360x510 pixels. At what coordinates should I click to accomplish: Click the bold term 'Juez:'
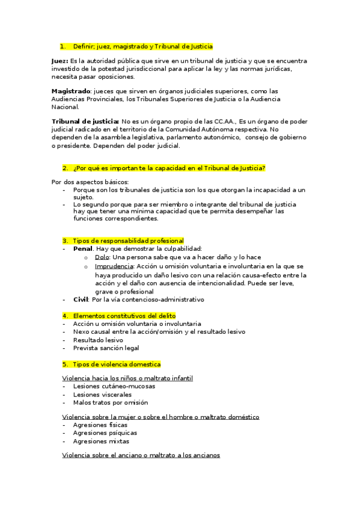point(59,61)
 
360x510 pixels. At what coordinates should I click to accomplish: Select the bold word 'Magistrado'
point(70,90)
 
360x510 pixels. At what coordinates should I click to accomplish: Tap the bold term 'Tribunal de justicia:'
point(85,121)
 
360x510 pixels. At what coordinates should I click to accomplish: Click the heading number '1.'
point(63,46)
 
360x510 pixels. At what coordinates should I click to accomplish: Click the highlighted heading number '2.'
point(65,168)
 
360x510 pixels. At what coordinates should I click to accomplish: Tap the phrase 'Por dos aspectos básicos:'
point(90,182)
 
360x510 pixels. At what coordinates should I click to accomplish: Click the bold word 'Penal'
point(83,248)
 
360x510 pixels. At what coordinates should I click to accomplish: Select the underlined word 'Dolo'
point(102,257)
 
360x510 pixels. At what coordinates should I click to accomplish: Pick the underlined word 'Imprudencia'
point(113,266)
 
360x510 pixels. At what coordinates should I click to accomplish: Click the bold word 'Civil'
point(81,300)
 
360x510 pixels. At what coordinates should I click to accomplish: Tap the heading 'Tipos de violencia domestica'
point(117,364)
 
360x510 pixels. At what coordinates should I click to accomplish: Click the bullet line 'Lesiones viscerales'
point(102,395)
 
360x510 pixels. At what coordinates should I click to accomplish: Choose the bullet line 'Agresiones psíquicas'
point(105,432)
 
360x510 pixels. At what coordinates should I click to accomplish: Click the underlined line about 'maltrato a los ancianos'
point(141,455)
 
